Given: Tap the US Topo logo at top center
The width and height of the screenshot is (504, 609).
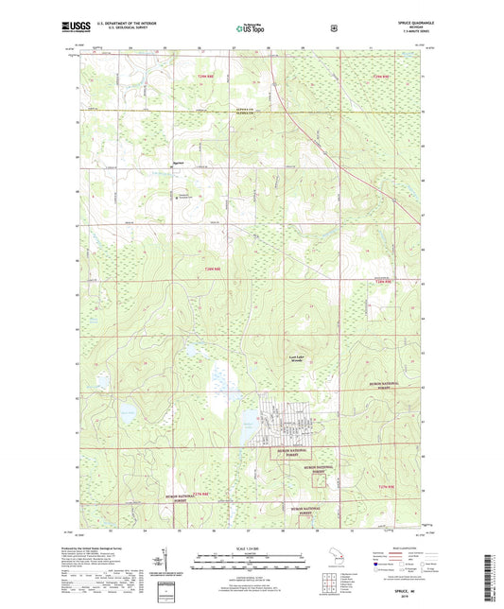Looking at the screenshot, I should click(x=250, y=29).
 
